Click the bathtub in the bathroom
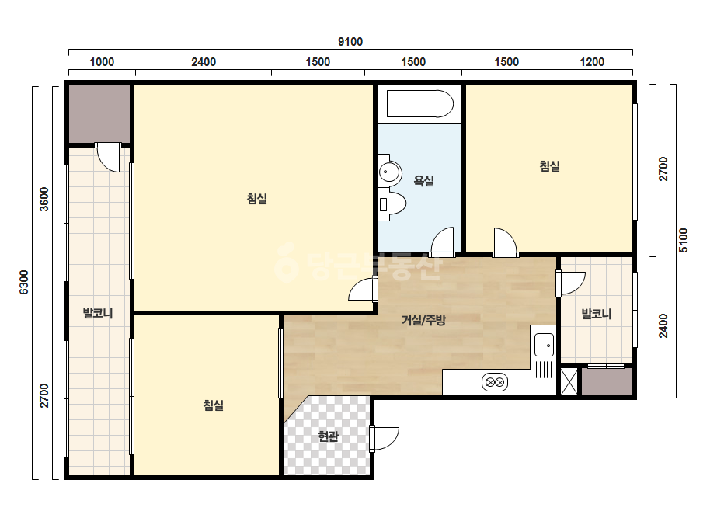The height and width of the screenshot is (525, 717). [x=419, y=104]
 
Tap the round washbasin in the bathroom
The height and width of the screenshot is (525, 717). [x=390, y=172]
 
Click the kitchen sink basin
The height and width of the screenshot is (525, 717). [x=544, y=345]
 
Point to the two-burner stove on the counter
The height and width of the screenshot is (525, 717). [x=494, y=382]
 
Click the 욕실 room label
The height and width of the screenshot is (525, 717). [x=424, y=181]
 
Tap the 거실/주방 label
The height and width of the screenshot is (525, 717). [x=423, y=320]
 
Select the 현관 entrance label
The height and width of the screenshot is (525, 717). [x=328, y=436]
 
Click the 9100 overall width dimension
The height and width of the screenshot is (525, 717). [x=350, y=42]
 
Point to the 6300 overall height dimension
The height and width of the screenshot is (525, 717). [x=24, y=282]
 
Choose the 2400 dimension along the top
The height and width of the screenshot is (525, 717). [x=204, y=61]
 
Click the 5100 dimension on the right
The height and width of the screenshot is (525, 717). [x=683, y=240]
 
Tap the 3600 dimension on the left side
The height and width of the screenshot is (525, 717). [x=44, y=199]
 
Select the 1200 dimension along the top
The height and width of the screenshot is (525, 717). [x=592, y=61]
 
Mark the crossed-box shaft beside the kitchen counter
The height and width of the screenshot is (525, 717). [x=569, y=381]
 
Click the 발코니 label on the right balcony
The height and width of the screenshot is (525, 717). [x=597, y=314]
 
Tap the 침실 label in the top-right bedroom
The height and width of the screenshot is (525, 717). [x=550, y=165]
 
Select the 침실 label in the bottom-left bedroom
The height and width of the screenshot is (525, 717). [x=213, y=405]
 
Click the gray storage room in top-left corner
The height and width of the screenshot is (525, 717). [x=99, y=113]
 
